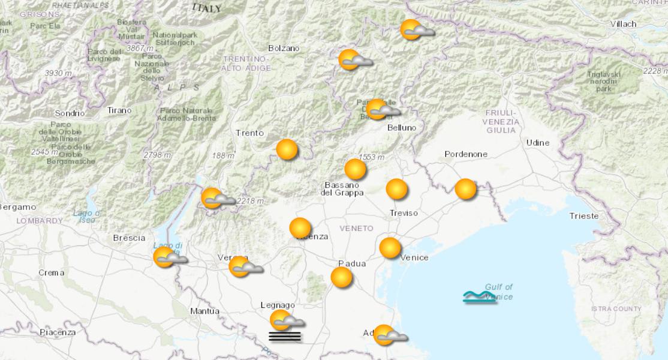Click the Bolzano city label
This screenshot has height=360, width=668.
coord(284,48)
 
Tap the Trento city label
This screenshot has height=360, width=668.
coord(249,133)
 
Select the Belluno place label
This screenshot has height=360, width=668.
coord(401,127)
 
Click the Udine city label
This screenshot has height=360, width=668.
coord(537,142)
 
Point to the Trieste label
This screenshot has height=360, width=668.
coord(583,216)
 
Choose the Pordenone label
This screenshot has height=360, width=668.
coord(466,154)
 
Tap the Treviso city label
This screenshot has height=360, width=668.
coord(404,213)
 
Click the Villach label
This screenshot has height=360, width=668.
coord(623,24)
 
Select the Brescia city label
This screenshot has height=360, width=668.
coord(130,238)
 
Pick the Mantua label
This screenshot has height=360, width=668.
coord(204,311)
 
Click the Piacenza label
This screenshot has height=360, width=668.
coord(58,332)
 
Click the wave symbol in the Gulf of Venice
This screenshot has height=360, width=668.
coord(480,297)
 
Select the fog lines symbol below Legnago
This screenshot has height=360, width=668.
coord(285,336)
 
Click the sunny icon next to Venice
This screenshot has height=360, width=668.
coord(390,247)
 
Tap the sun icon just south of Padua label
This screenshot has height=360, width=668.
coord(342,277)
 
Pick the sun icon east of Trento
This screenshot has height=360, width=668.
coord(287,149)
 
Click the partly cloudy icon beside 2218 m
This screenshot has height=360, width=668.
coord(216,199)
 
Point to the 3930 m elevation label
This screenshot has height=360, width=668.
coord(58,73)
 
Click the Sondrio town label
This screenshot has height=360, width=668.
coord(70,113)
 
